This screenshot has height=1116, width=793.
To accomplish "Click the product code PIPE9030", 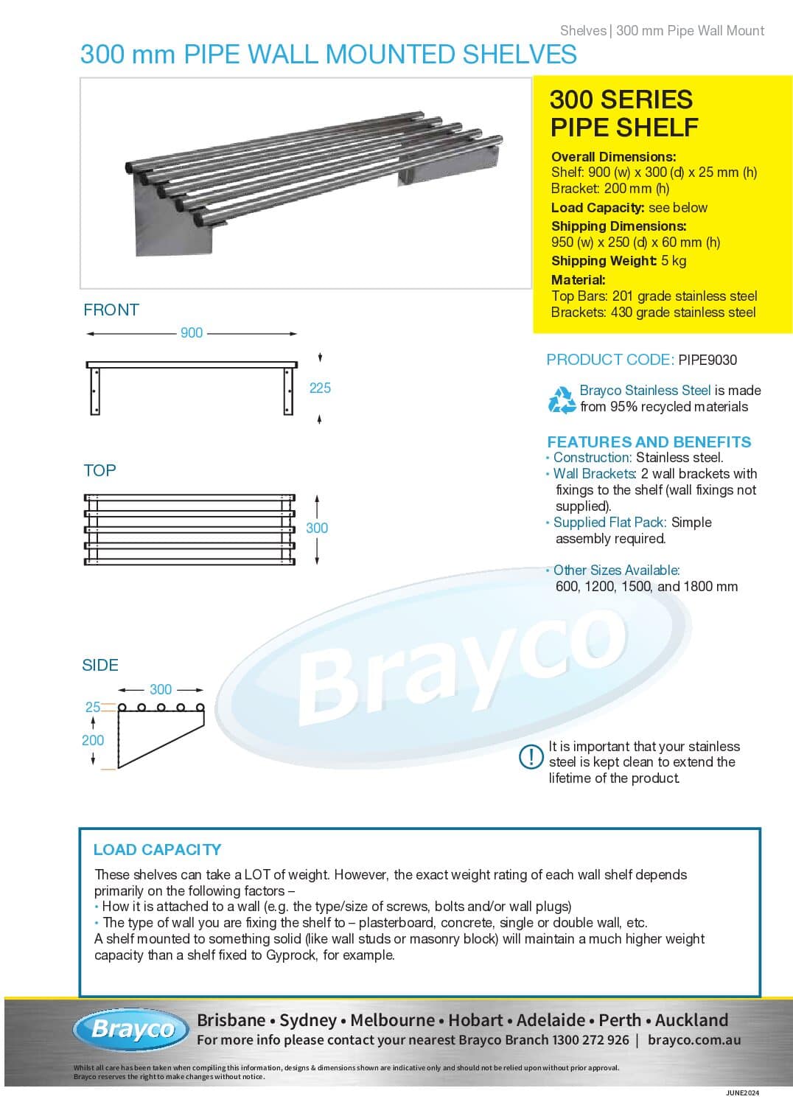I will tap(707, 360).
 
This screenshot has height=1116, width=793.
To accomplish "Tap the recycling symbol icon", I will tap(562, 399).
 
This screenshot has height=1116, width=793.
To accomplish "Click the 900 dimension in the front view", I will tap(192, 333).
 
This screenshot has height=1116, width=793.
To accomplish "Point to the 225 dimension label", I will tap(320, 388).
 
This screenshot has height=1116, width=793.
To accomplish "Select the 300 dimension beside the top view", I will tap(317, 528).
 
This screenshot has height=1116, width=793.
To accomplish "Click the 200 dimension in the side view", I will tap(93, 740).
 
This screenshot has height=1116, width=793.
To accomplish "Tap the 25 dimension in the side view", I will tap(92, 707).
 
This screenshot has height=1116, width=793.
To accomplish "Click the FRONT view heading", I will tap(111, 310).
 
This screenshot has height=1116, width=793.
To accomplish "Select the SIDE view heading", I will tap(100, 665).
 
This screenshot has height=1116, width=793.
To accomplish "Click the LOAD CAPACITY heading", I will tap(157, 849).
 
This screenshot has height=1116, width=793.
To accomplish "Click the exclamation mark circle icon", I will tap(531, 757).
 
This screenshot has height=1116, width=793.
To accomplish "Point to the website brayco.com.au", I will tap(694, 1040).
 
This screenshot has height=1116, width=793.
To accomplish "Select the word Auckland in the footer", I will tap(691, 1020).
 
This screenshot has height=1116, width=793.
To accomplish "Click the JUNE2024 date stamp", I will tap(742, 1092).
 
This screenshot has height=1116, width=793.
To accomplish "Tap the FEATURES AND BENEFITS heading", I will tap(649, 442).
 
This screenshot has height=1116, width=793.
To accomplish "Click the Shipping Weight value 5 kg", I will tap(674, 260).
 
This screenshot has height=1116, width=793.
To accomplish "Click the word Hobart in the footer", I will tap(475, 1020).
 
